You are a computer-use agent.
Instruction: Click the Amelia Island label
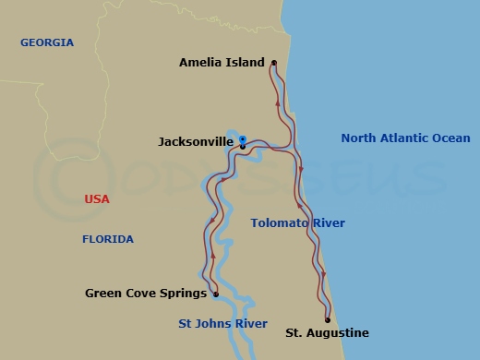(x=221, y=63)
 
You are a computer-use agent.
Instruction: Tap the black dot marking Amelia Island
(x=274, y=63)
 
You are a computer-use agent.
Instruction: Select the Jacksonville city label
(x=196, y=142)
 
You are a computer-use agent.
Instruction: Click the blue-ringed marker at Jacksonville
(x=242, y=139)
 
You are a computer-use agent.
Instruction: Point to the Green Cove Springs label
(x=144, y=294)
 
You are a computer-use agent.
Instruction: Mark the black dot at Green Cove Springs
(x=215, y=295)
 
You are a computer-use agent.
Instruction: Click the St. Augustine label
(x=327, y=332)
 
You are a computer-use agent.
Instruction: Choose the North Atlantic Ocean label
(x=405, y=138)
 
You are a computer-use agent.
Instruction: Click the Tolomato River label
(x=297, y=222)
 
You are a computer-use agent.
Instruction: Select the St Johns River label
(x=222, y=324)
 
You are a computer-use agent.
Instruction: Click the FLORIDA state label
(x=108, y=239)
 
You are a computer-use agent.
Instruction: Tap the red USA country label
(x=97, y=198)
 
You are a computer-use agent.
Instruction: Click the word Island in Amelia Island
(x=244, y=63)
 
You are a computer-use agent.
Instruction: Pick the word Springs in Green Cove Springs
(x=182, y=294)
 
